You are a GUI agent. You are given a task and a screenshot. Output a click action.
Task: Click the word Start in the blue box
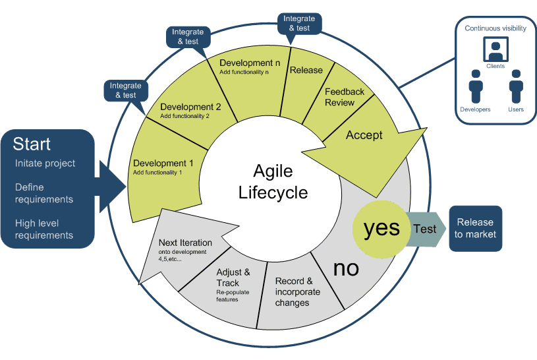pos(32,144)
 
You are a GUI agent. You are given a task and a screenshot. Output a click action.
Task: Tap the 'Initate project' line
pos(45,164)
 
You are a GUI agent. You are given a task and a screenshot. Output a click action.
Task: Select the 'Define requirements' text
pos(43,194)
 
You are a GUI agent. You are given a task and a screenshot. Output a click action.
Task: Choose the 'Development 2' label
pos(190,107)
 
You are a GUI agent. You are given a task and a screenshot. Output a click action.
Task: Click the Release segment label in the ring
pos(306,71)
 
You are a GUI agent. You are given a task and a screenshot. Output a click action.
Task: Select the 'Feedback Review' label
pos(344,97)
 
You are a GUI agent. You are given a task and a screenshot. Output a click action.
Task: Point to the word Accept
pos(364,135)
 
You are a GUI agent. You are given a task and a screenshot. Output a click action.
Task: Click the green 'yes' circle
pos(382,227)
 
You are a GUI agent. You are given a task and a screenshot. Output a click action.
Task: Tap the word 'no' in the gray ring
pos(345,268)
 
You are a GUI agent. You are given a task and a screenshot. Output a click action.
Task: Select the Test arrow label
pos(424,228)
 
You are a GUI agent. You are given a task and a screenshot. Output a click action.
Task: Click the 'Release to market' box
pos(475,228)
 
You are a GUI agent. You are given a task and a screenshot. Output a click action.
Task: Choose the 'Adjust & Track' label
pos(233,276)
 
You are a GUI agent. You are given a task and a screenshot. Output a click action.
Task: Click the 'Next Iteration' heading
pos(185,243)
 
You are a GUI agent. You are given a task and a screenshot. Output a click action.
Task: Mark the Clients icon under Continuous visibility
pos(494,50)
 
